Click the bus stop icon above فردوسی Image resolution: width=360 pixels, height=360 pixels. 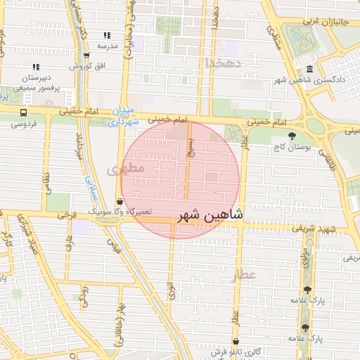pyautogui.click(x=24, y=112)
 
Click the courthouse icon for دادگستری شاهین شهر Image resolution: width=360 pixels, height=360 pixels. pyautogui.click(x=310, y=69)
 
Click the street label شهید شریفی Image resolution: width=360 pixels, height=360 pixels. pyautogui.click(x=329, y=229)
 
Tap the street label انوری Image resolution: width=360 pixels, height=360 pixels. pyautogui.click(x=171, y=292)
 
